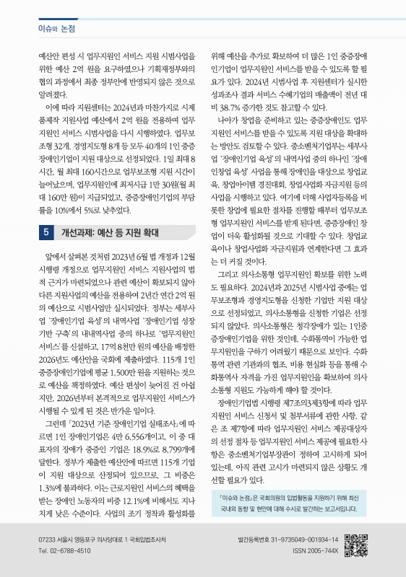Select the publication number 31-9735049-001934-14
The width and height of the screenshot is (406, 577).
tap(303, 540)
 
